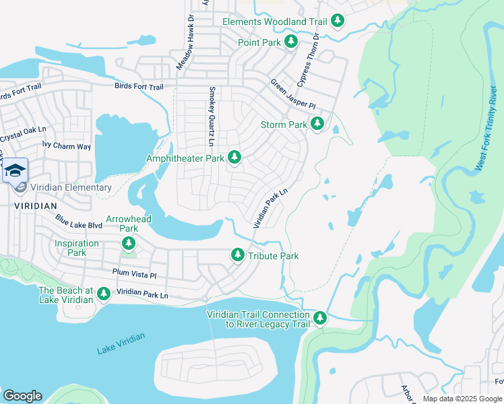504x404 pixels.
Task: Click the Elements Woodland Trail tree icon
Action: (x=338, y=22)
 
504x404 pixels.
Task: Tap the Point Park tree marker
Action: (x=291, y=42)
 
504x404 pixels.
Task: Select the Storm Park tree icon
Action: (x=317, y=125)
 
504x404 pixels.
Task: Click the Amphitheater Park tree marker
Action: (x=234, y=158)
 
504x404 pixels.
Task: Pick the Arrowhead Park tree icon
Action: (x=129, y=243)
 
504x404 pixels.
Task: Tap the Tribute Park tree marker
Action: (x=237, y=255)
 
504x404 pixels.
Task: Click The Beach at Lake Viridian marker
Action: (x=103, y=294)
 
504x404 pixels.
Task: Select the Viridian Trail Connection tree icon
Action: (x=320, y=318)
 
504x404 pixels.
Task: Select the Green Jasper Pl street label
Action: (x=293, y=94)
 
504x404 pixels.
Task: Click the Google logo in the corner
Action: (x=22, y=396)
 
